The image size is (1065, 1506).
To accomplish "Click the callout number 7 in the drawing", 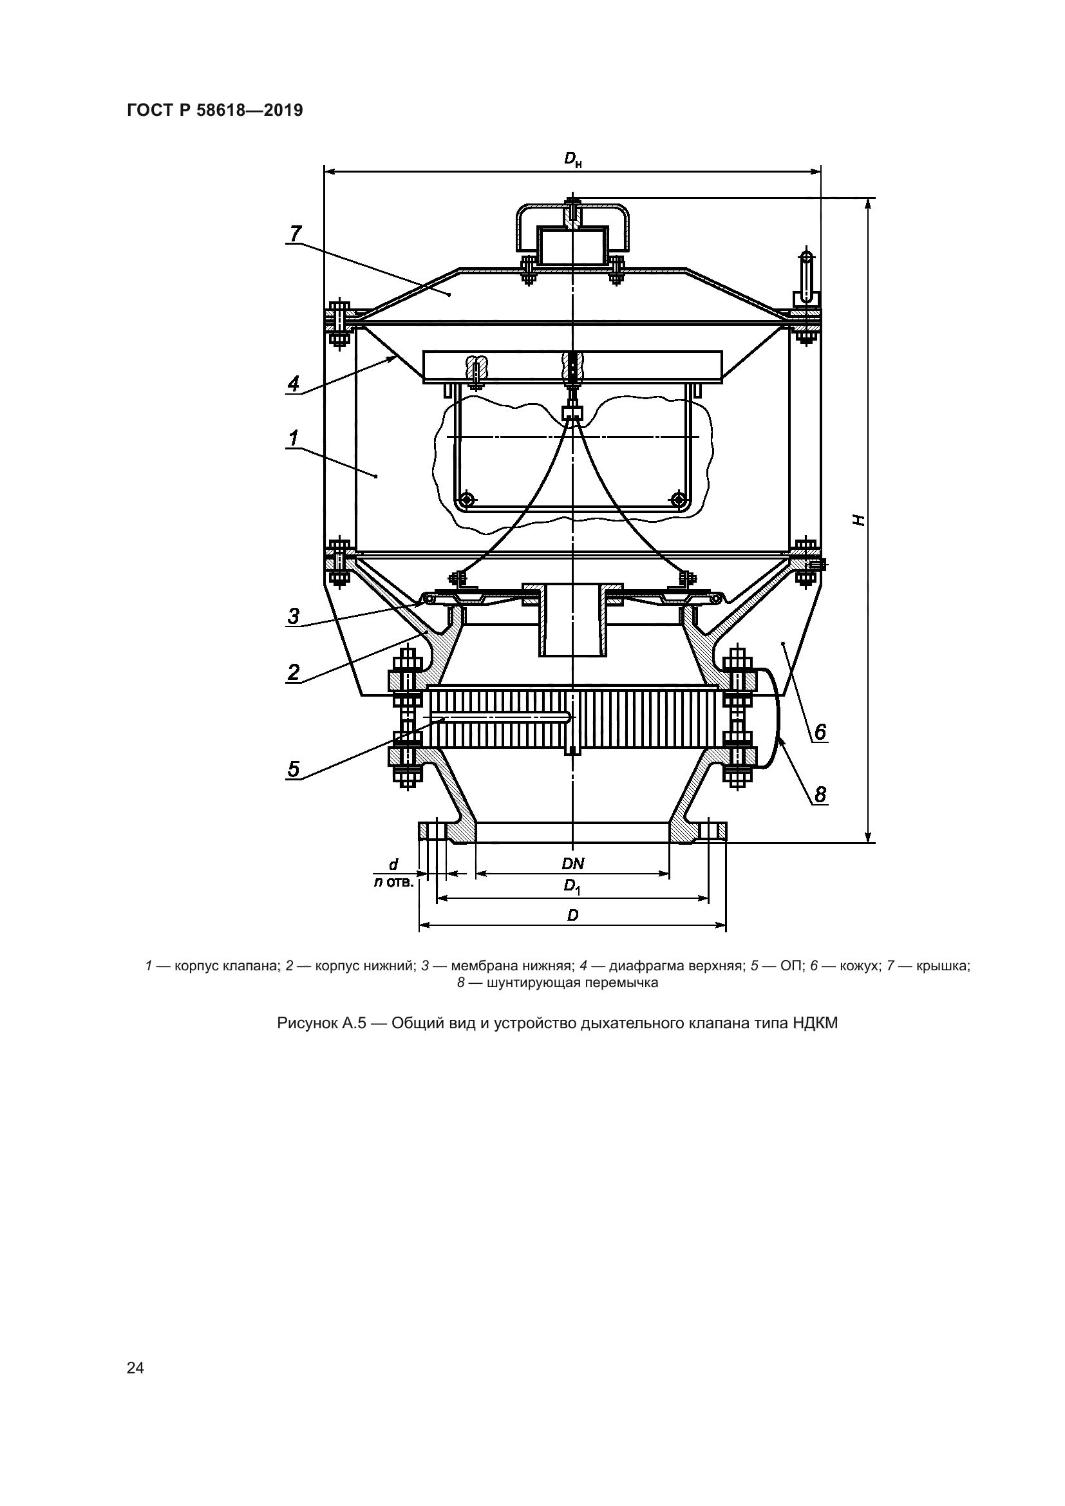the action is click(295, 233).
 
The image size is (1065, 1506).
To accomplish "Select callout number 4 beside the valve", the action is click(294, 383).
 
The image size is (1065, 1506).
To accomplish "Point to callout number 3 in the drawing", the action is click(294, 617).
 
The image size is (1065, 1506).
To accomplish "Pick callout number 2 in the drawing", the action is click(294, 672).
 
